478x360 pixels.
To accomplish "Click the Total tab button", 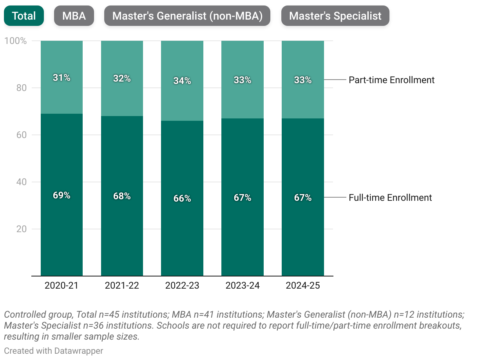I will click(24, 16).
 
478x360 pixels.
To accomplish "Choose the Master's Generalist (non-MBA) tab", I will click(187, 16).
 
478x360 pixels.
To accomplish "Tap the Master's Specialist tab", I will click(335, 16).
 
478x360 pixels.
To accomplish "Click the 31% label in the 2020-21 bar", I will click(62, 78).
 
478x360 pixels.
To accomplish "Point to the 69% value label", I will click(62, 195).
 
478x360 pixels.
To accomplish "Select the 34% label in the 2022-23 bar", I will click(182, 81).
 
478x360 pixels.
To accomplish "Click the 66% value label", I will click(182, 198).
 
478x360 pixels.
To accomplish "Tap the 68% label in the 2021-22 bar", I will click(122, 196).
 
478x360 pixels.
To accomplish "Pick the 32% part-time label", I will click(122, 78).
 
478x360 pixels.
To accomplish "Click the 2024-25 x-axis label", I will click(303, 285).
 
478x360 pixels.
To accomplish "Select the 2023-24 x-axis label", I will click(243, 285).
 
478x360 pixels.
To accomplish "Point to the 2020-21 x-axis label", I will click(62, 285).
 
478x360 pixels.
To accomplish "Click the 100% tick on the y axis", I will click(16, 41).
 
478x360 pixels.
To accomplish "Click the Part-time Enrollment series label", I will click(391, 80).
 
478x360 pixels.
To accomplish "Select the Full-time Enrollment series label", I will click(390, 198).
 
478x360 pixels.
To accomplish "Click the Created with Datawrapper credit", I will click(54, 351).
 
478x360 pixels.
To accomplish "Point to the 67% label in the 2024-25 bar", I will click(303, 198).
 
